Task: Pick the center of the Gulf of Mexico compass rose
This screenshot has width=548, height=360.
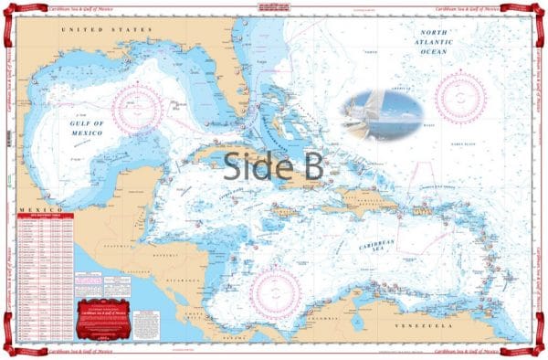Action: [x=138, y=110]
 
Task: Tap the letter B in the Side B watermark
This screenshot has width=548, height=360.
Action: [x=307, y=167]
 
